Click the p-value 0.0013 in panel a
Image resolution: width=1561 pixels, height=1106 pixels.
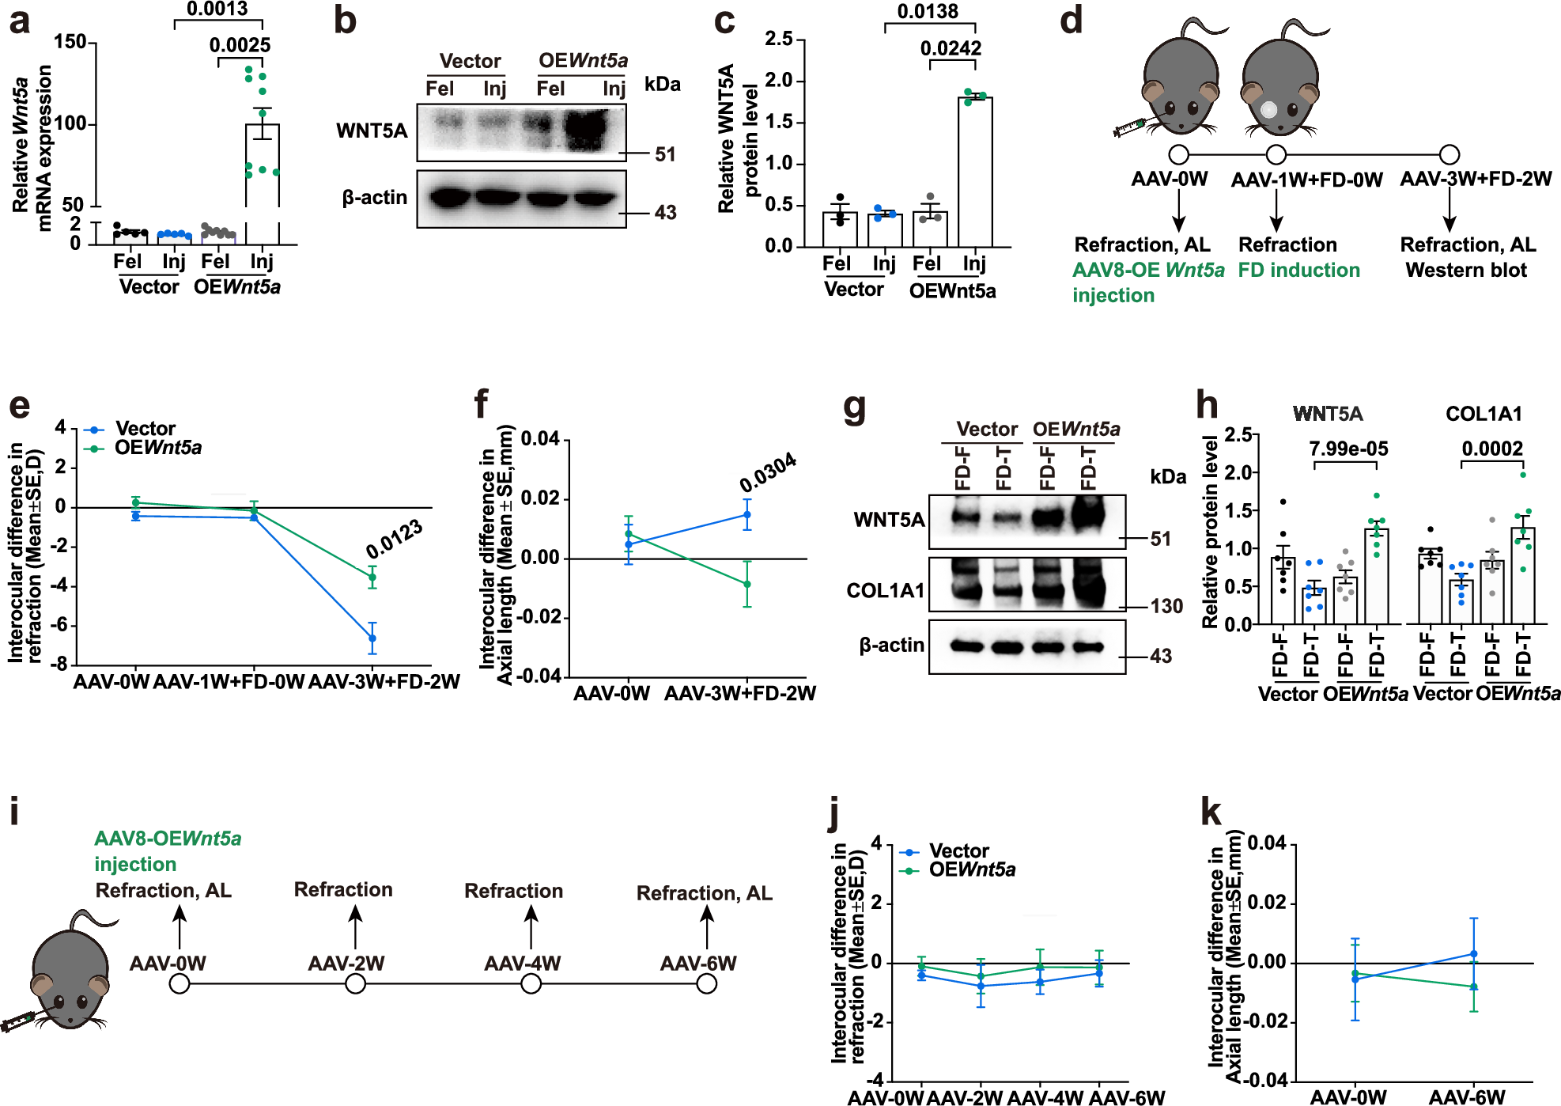tap(217, 9)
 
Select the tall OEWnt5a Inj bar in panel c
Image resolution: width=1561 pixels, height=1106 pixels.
tap(974, 171)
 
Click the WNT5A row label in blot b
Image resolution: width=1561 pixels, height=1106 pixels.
tap(371, 131)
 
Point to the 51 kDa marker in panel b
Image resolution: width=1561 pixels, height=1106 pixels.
tap(665, 154)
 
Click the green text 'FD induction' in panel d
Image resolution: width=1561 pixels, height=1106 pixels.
tap(1298, 270)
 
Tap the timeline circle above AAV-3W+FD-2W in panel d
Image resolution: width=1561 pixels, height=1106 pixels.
tap(1449, 154)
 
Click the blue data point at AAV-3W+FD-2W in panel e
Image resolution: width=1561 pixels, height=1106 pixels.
tap(372, 638)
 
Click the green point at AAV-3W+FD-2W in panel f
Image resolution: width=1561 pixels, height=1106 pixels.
tap(746, 584)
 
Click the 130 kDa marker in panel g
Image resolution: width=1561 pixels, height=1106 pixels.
tap(1166, 606)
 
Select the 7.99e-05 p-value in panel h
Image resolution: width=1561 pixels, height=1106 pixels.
tap(1348, 449)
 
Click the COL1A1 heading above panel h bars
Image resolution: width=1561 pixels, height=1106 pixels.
tap(1484, 414)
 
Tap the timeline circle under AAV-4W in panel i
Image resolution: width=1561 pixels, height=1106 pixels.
tap(531, 983)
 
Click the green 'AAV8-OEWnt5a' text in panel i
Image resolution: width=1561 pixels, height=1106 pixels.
tap(168, 839)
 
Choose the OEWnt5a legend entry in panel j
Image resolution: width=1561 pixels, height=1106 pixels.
tap(971, 869)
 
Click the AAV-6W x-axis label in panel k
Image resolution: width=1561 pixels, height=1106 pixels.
tap(1466, 1097)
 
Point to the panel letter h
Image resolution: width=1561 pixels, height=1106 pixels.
tap(1207, 405)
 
